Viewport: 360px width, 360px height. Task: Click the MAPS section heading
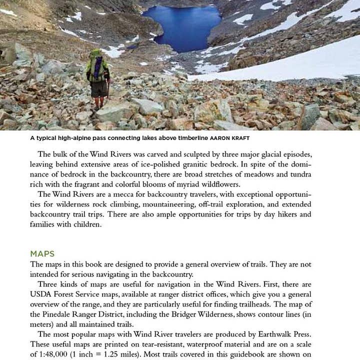point(42,254)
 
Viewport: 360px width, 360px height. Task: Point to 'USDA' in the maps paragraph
point(40,294)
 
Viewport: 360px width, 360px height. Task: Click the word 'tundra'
point(299,174)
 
